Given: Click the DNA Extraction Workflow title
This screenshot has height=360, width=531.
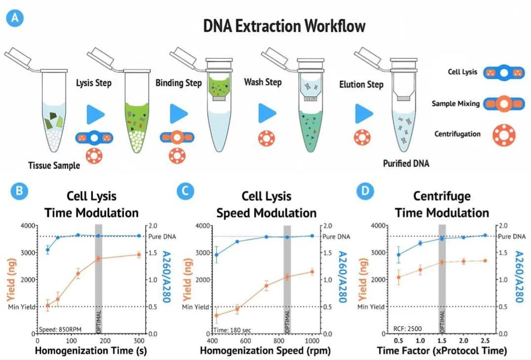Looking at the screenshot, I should click(x=285, y=26).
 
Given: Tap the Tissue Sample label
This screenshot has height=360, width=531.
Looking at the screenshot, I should click(x=54, y=165).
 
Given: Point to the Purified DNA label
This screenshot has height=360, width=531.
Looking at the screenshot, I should click(x=406, y=164).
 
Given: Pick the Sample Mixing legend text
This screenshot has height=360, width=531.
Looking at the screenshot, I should click(x=455, y=104).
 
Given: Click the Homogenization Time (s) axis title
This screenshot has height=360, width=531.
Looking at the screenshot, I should click(x=90, y=350).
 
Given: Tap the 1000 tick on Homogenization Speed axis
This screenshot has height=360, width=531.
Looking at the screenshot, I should click(x=311, y=340).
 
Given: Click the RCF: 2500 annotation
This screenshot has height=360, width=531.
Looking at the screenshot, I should click(x=407, y=329).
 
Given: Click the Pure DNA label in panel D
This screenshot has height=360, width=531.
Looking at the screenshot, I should click(x=513, y=236).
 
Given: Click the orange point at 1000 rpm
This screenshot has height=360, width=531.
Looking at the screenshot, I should click(x=311, y=272).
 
